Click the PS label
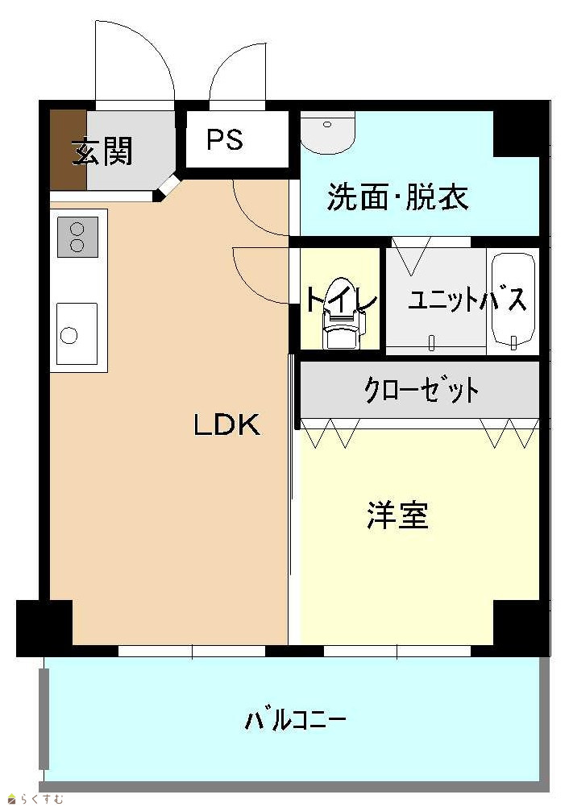pos(225,139)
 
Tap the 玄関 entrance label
pos(102,151)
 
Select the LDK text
pos(226,425)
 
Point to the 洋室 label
pos(397,515)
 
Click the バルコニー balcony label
pos(295,719)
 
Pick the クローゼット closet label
pos(422,391)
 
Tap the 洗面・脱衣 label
pos(397,197)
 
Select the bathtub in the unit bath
pos(513,300)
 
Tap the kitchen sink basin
pos(77,334)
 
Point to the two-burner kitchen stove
pos(77,237)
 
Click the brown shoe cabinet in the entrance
pos(68,150)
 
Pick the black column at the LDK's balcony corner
pos(44,627)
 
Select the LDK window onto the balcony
pos(192,651)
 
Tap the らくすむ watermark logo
pos(35,799)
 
